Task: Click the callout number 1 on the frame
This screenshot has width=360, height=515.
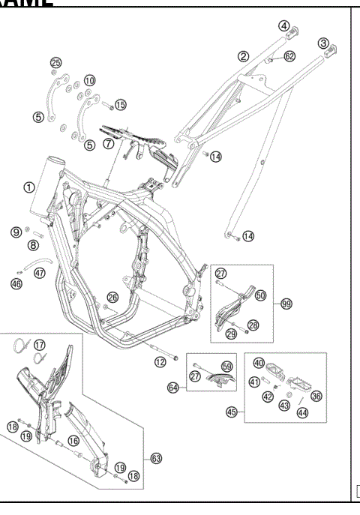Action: click(28, 187)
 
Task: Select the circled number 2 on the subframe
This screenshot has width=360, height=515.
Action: click(244, 55)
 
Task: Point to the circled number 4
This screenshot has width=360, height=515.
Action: click(284, 25)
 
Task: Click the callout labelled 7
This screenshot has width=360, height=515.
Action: click(108, 142)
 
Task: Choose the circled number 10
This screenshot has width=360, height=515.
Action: click(90, 79)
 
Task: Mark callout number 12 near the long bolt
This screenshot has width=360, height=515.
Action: click(159, 362)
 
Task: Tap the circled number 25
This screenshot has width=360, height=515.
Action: click(55, 61)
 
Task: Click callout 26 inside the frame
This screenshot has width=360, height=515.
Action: click(112, 298)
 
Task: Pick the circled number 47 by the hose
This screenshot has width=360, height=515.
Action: click(40, 273)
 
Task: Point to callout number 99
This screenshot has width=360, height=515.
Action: click(286, 304)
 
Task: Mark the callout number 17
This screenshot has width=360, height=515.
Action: click(40, 345)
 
